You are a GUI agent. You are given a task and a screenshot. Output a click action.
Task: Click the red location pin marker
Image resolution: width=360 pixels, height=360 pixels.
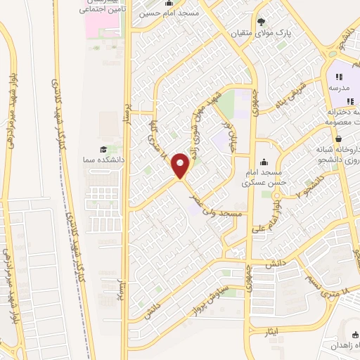tap(181, 167)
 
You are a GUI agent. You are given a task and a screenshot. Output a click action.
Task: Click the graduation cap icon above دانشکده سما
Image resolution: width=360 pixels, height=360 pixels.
tap(103, 150)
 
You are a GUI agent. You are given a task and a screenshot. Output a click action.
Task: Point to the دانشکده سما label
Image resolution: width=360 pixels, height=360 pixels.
tap(103, 160)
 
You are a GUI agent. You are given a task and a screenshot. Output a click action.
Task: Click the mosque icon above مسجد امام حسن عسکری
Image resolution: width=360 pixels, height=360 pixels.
tap(264, 162)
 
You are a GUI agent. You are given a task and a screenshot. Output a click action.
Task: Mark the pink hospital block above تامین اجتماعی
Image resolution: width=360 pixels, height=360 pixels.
tap(101, 20)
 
